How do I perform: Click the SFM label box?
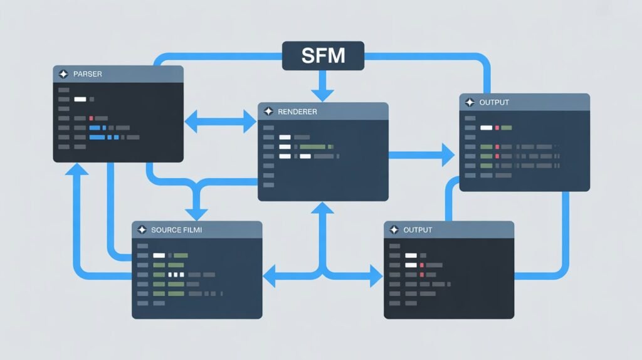point(323,56)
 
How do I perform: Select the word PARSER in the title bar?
point(88,74)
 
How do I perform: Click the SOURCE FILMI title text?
point(177,230)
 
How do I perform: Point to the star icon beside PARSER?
point(63,74)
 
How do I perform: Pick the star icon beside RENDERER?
point(268,112)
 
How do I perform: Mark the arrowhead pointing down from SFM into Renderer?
point(323,94)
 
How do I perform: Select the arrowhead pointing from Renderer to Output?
point(447,154)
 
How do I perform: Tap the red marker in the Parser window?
point(91,118)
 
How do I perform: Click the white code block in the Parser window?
point(80,99)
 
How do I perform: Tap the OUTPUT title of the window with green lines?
point(494,102)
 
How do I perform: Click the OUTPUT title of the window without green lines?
point(418,230)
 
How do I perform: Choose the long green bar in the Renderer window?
point(312,147)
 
